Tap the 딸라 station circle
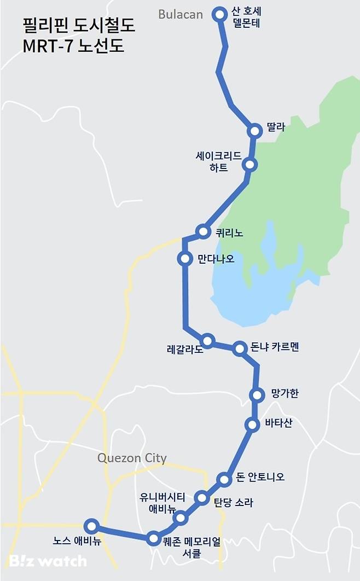(254, 131)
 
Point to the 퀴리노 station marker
(204, 231)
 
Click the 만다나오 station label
(216, 258)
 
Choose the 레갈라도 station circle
(207, 340)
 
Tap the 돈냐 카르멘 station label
(275, 347)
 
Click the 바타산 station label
(278, 423)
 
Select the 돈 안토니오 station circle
(224, 480)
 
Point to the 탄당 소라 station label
(233, 502)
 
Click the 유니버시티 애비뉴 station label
(162, 503)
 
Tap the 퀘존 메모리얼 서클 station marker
(154, 538)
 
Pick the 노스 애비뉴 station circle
(91, 526)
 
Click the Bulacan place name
(181, 15)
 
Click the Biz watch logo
(48, 561)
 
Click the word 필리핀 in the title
(43, 25)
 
